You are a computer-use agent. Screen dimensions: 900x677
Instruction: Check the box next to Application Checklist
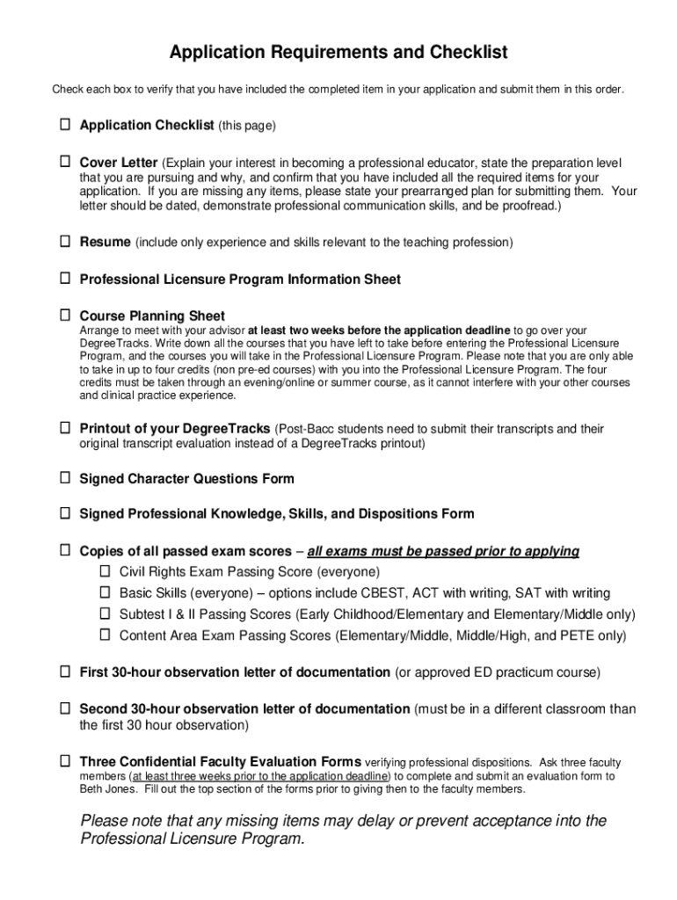click(65, 125)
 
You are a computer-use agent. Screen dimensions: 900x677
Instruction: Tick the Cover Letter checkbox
click(65, 163)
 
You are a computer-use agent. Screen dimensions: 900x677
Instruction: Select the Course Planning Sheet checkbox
click(65, 315)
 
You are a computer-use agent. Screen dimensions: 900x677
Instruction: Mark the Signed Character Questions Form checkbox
click(65, 478)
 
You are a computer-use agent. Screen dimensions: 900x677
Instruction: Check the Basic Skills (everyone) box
click(105, 592)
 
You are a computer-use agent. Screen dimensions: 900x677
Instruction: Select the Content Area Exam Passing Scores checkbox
click(105, 635)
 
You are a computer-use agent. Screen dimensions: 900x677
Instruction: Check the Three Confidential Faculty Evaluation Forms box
click(65, 760)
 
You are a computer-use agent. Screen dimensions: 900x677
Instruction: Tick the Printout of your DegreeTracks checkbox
click(65, 428)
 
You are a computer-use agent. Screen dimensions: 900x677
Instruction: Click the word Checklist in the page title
click(464, 53)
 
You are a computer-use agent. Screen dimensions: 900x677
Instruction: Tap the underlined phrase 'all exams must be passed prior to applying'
click(443, 552)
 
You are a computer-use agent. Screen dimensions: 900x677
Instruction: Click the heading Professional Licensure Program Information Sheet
click(240, 279)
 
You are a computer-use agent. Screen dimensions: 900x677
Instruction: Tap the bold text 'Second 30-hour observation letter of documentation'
click(244, 709)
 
